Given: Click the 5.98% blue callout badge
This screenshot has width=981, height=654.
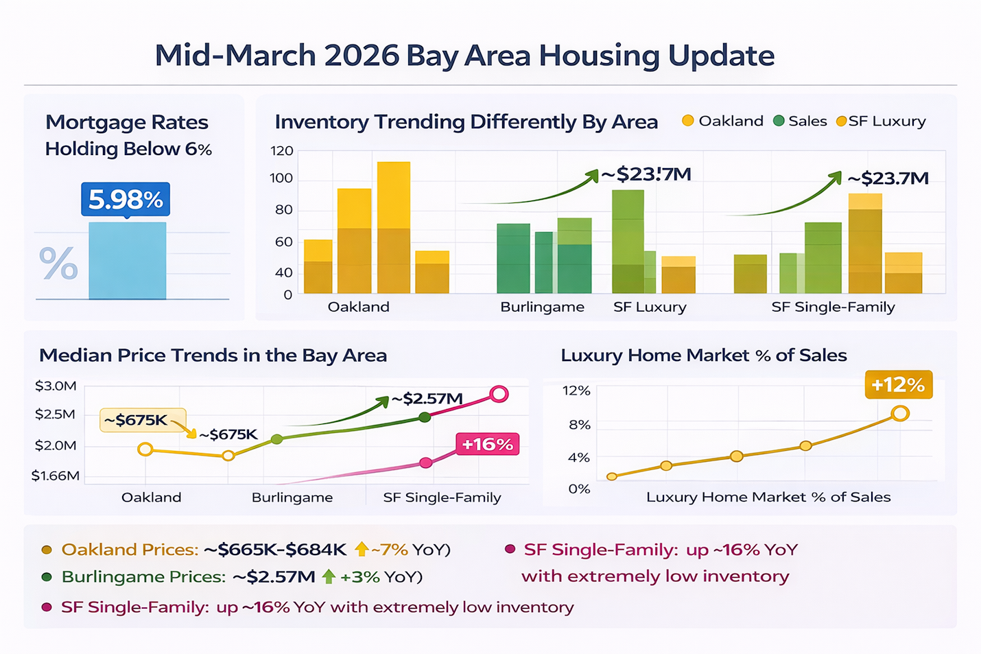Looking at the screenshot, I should tap(126, 200).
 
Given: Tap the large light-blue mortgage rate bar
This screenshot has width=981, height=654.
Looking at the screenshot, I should tap(127, 261).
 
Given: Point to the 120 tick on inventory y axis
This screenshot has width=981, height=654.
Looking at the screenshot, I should tap(281, 151).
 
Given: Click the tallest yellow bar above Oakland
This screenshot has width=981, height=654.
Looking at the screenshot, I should tap(394, 226).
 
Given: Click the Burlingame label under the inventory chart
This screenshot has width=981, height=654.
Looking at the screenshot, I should tap(542, 307).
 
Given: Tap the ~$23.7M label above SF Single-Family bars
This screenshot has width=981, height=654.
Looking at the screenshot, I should tap(888, 179).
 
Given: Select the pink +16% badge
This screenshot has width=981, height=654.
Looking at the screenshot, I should tap(487, 445).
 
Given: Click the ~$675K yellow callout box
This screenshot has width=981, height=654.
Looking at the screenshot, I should tap(142, 420).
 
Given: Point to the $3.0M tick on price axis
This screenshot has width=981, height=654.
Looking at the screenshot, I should tap(56, 386).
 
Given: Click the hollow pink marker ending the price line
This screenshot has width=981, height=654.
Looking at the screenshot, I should tap(499, 395).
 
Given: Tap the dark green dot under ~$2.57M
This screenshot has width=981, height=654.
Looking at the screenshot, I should tap(425, 417).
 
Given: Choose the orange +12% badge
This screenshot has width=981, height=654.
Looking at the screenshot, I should tap(898, 385).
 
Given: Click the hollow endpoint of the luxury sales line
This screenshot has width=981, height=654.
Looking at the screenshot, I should tap(900, 413).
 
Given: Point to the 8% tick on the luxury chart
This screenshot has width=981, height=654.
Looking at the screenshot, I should tap(579, 425).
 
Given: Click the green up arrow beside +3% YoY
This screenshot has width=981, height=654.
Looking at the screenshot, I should tap(329, 576).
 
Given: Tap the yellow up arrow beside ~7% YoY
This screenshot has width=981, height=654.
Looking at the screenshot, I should tap(362, 549).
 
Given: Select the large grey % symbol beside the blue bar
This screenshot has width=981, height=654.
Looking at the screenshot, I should tap(58, 264).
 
